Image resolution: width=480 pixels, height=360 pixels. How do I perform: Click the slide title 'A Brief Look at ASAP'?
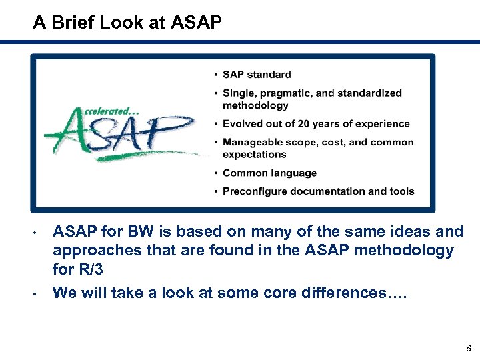coord(127,23)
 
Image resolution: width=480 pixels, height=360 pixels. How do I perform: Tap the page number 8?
coord(469,347)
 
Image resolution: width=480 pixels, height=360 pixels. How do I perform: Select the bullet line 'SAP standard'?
coord(257,75)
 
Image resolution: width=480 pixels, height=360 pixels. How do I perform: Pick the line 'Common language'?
coord(269,173)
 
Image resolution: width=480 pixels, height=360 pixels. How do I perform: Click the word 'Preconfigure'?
coord(255,191)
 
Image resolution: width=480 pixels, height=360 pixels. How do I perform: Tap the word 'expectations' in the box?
coord(254,154)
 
